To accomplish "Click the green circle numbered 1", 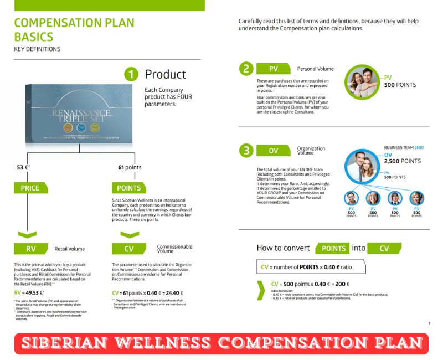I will tap(131, 74).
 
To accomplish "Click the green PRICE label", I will tap(30, 188).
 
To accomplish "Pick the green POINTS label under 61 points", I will tap(129, 188).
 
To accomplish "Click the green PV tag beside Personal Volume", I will tap(274, 69).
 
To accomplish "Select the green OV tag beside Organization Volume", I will tap(274, 151).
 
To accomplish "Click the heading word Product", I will tap(165, 74).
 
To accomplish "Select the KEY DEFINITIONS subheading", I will tap(37, 49).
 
